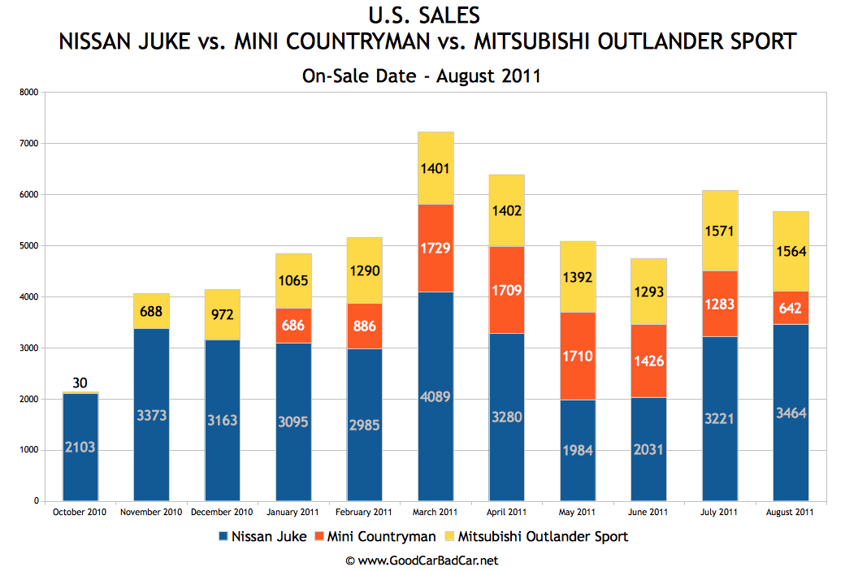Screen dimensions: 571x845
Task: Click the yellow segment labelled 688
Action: (151, 311)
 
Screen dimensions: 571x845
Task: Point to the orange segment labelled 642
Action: (791, 308)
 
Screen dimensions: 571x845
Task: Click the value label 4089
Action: (435, 397)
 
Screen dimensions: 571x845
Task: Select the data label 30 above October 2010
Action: (80, 383)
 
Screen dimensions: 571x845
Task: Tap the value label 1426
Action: (648, 361)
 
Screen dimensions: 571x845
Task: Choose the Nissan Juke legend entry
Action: (262, 536)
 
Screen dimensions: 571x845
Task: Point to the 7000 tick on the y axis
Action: (29, 144)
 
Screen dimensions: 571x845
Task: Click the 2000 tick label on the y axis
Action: (29, 400)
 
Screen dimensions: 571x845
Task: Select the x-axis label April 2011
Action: (506, 513)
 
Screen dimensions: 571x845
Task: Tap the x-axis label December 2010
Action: (222, 513)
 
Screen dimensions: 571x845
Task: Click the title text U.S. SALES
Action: (422, 15)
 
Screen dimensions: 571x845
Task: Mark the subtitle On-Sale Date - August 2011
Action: (422, 76)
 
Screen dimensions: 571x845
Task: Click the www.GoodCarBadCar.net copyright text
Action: (422, 560)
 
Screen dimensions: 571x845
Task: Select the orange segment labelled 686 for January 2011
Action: (293, 325)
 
